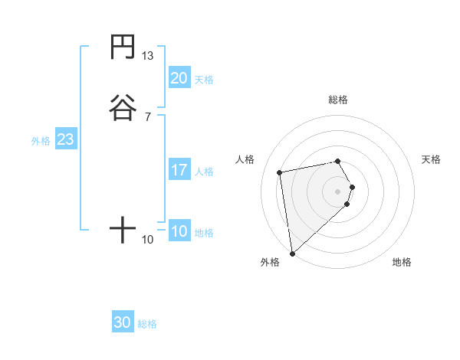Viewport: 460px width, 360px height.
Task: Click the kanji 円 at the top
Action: click(123, 47)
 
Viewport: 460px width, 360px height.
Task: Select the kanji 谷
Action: click(123, 107)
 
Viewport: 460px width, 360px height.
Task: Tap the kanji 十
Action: click(123, 230)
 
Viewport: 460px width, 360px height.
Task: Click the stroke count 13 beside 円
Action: click(148, 56)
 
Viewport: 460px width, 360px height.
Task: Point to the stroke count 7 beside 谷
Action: click(148, 116)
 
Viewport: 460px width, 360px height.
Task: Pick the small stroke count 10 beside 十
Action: click(148, 240)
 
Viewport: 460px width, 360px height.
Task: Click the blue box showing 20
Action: click(179, 78)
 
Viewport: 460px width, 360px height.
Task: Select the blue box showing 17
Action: click(179, 170)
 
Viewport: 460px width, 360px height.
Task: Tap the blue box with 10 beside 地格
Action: click(179, 231)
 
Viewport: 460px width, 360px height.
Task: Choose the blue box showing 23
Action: click(65, 140)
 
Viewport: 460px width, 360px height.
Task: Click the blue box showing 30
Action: click(123, 322)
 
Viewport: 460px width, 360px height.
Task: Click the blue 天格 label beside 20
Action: click(204, 79)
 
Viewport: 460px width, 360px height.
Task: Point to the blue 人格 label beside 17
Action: click(204, 171)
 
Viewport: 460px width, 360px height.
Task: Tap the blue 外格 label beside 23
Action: click(41, 141)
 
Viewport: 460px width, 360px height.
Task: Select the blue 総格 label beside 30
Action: click(147, 324)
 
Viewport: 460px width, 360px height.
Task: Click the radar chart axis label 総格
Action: click(338, 100)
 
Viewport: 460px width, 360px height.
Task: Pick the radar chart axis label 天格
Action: click(432, 159)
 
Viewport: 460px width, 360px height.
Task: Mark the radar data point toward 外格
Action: click(292, 253)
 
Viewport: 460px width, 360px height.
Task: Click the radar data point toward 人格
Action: click(280, 172)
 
